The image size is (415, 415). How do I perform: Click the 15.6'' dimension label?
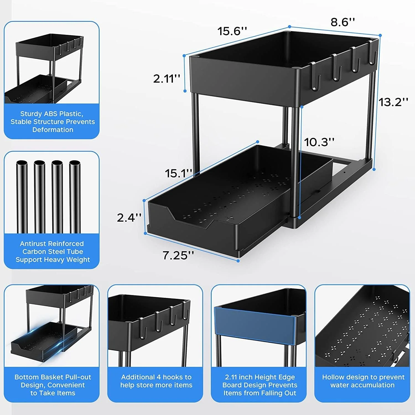232,31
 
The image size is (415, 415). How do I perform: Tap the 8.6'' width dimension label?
343,22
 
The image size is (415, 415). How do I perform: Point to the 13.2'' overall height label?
393,102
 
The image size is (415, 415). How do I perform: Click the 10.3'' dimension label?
319,142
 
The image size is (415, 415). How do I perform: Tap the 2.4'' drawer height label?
129,218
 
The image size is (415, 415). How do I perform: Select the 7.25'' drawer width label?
178,255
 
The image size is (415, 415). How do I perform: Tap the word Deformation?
53,130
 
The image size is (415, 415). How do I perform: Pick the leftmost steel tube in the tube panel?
22,196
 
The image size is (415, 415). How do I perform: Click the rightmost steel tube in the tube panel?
75,196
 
